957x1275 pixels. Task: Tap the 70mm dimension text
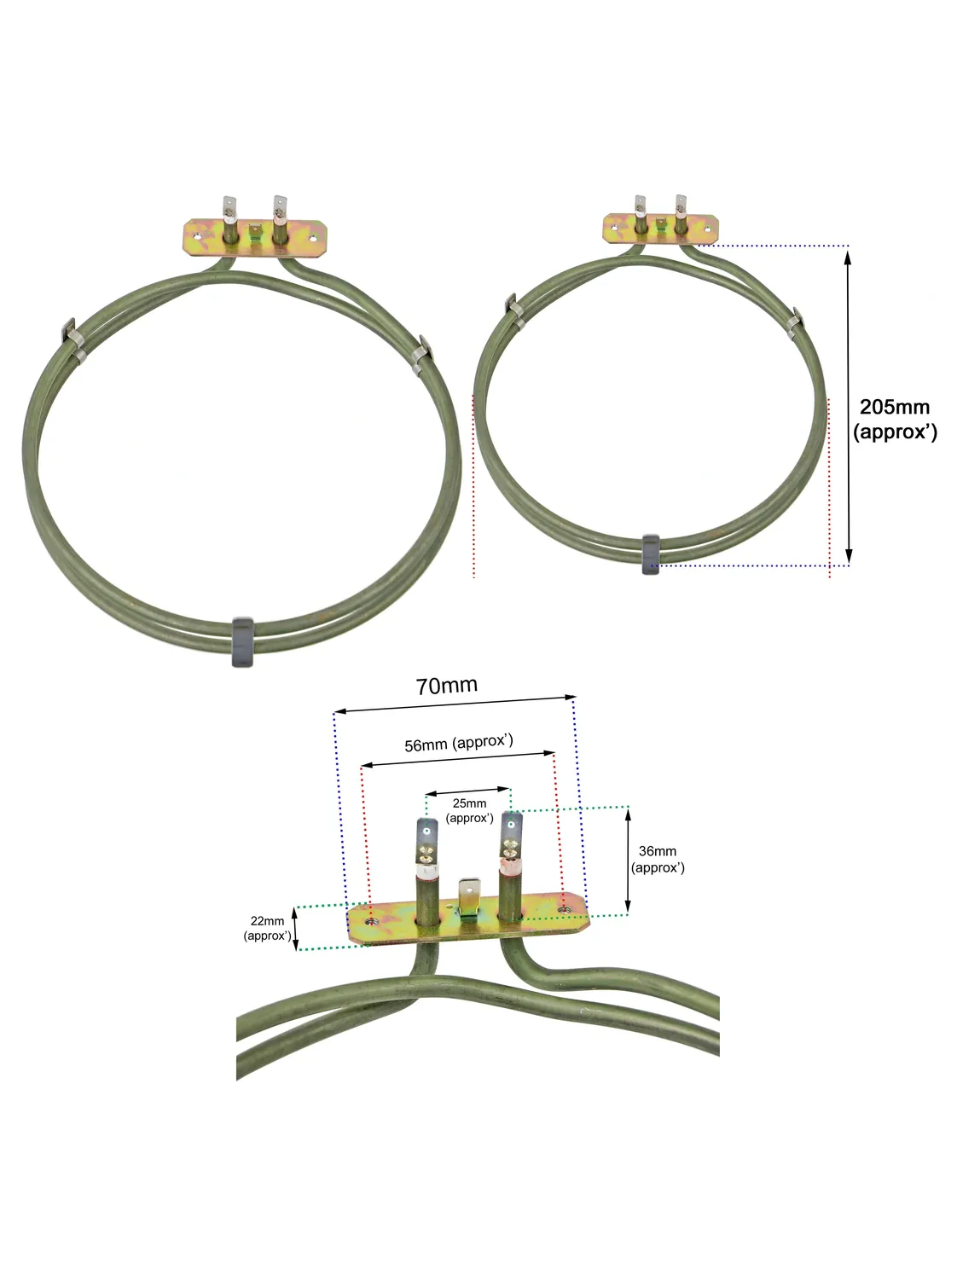coord(446,685)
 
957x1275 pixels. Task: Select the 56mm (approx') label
coord(459,743)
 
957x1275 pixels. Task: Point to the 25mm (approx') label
coord(469,810)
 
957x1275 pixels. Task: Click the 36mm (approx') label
coord(658,859)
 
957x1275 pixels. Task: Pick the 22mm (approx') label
coord(267,928)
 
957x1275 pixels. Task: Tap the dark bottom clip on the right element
coord(651,553)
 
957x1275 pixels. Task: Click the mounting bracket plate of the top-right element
coord(661,229)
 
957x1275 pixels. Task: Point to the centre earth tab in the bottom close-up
coord(467,897)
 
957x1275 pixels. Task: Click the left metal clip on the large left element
coord(72,339)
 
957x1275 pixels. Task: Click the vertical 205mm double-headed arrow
coord(848,405)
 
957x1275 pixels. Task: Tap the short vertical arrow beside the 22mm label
coord(295,928)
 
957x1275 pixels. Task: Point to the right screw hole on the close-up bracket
coord(564,910)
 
